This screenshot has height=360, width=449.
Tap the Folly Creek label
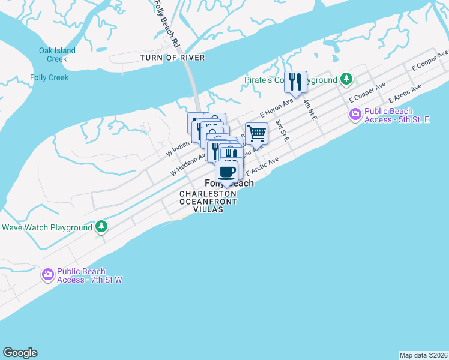pos(49,77)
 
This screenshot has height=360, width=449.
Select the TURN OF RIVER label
pos(172,58)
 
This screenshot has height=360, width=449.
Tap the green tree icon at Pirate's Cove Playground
pos(346,79)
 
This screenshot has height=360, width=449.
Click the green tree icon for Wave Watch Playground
pos(102,227)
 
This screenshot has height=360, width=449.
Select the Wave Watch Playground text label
pos(47,227)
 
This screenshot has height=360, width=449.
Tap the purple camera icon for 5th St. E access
pos(355,114)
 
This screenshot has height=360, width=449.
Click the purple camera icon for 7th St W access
pos(48,274)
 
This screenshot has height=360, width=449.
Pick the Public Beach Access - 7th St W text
pos(90,275)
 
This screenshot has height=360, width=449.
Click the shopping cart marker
pos(256,133)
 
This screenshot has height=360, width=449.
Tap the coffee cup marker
pos(226,172)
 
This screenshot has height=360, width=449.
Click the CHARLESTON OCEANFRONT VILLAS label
pos(208,202)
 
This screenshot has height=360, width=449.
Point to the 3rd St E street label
pos(282,130)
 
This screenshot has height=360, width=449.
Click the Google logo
pos(20,353)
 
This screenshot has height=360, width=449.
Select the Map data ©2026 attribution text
pos(423,355)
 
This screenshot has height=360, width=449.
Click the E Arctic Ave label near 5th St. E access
pos(405,93)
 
